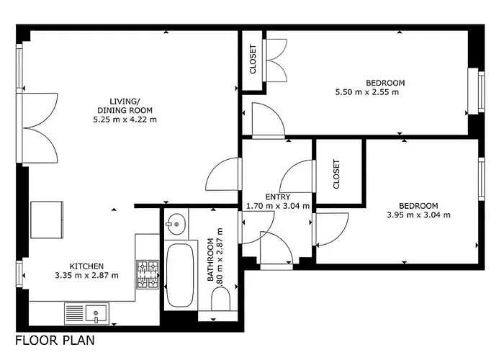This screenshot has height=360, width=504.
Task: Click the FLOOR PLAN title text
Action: [54, 340]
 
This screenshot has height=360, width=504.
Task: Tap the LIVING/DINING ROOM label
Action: [125, 105]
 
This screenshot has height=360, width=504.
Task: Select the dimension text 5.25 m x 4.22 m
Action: [125, 120]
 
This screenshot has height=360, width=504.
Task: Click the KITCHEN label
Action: [86, 265]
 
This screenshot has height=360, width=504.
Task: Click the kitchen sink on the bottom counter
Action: [94, 312]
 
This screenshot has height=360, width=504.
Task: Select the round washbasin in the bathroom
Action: [175, 225]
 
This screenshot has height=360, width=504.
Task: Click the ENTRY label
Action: [277, 196]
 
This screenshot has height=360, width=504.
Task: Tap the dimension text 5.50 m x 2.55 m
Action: [366, 92]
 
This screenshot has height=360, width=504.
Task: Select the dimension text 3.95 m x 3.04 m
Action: [418, 215]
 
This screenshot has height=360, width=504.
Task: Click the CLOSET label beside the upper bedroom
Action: [253, 60]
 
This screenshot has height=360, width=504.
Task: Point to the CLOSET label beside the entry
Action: [336, 174]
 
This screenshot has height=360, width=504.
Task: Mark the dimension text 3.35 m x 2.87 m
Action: [86, 275]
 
